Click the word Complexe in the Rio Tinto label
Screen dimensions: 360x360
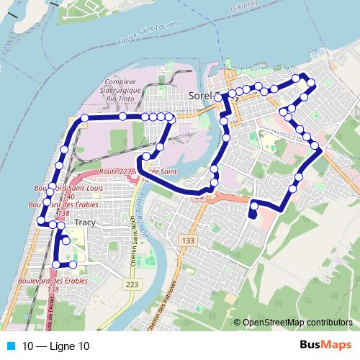[121, 81]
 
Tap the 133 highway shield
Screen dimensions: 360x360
[189, 240]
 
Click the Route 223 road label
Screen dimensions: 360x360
[116, 171]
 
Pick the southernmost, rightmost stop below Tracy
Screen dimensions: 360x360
[73, 266]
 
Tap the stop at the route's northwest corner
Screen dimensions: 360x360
[84, 117]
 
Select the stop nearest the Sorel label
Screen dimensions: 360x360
[218, 95]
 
